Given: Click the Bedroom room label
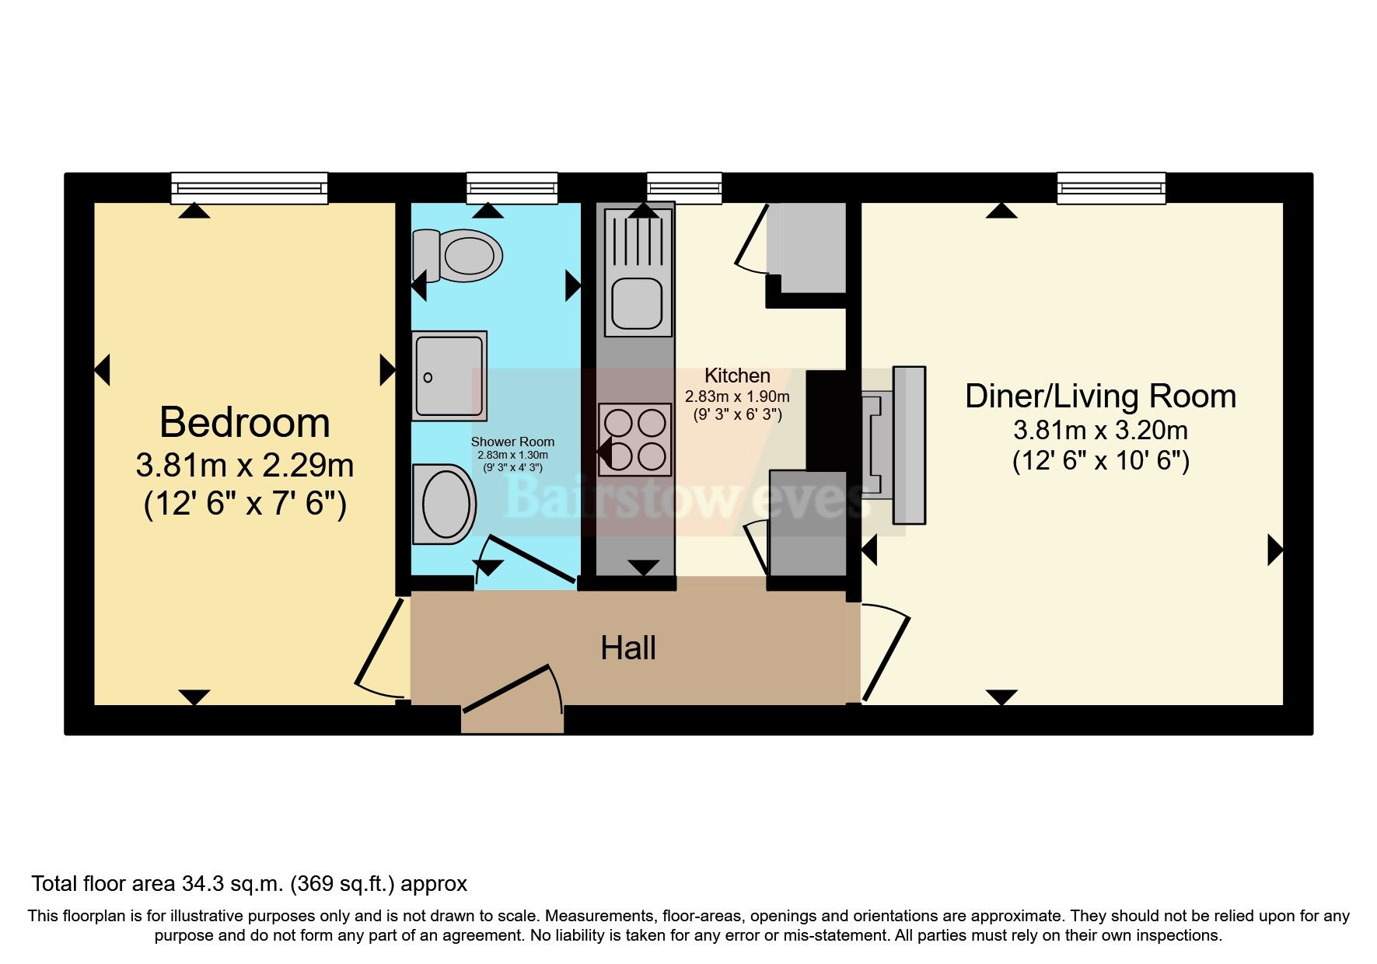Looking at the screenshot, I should [x=244, y=423].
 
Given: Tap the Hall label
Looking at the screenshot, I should [x=627, y=648].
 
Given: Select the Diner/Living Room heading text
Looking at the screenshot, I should [x=1099, y=396].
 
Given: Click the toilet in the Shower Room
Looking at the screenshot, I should [x=459, y=255].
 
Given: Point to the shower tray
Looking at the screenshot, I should [x=449, y=375].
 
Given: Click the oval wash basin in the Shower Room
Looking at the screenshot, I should [x=444, y=504].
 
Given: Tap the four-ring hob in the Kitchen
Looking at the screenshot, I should [x=634, y=439].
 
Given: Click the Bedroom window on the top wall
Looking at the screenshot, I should [x=249, y=188].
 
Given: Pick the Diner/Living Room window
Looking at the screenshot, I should [x=1110, y=188].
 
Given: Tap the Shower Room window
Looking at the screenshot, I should [x=512, y=188].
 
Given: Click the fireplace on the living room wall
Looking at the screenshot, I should [x=894, y=445].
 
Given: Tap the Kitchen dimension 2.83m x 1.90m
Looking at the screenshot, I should [x=736, y=396].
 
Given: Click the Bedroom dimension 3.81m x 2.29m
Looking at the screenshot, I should [x=244, y=466].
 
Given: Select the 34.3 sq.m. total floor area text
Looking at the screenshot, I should [x=249, y=884].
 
